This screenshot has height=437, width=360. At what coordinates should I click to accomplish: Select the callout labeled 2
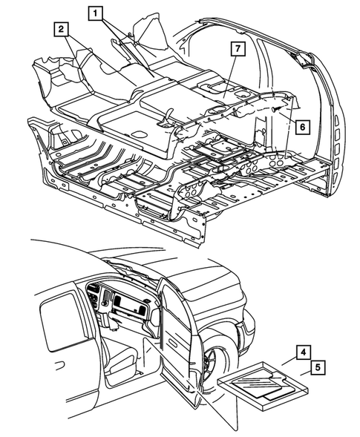[60, 29]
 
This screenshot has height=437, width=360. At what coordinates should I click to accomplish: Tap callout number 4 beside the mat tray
[305, 352]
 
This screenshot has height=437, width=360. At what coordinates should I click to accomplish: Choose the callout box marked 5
[317, 367]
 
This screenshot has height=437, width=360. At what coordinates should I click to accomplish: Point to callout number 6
[301, 127]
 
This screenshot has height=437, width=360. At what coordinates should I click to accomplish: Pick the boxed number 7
[237, 50]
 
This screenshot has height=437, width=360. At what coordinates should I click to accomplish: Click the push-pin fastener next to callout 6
[276, 109]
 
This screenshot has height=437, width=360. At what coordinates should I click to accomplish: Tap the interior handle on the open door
[165, 326]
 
